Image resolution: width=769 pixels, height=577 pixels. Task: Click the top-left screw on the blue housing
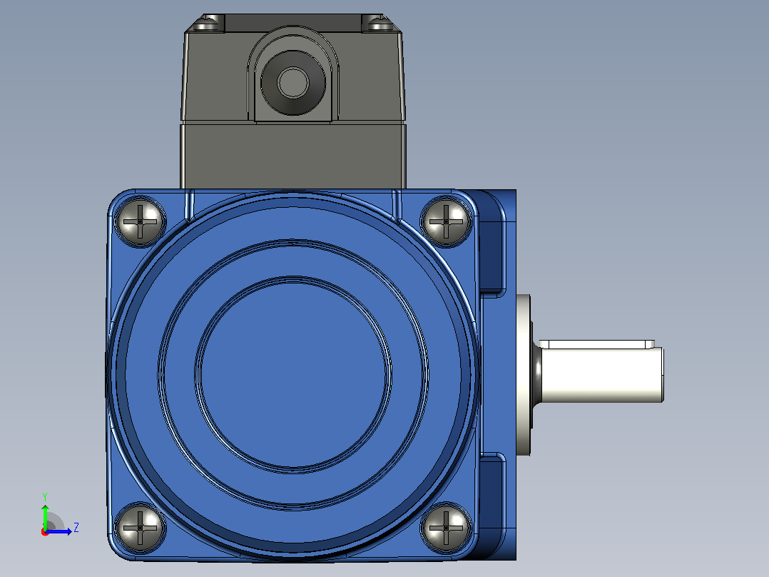[140, 221]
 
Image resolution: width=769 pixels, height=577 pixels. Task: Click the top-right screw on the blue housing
[446, 221]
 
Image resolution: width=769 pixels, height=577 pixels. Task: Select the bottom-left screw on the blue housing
[140, 528]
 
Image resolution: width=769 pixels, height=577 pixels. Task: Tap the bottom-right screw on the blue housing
[446, 528]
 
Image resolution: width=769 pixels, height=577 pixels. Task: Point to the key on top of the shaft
[597, 343]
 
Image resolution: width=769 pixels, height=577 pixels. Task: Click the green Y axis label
[45, 497]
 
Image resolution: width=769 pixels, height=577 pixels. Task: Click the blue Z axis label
[76, 528]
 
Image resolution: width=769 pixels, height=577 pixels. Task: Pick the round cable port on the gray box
[292, 82]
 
